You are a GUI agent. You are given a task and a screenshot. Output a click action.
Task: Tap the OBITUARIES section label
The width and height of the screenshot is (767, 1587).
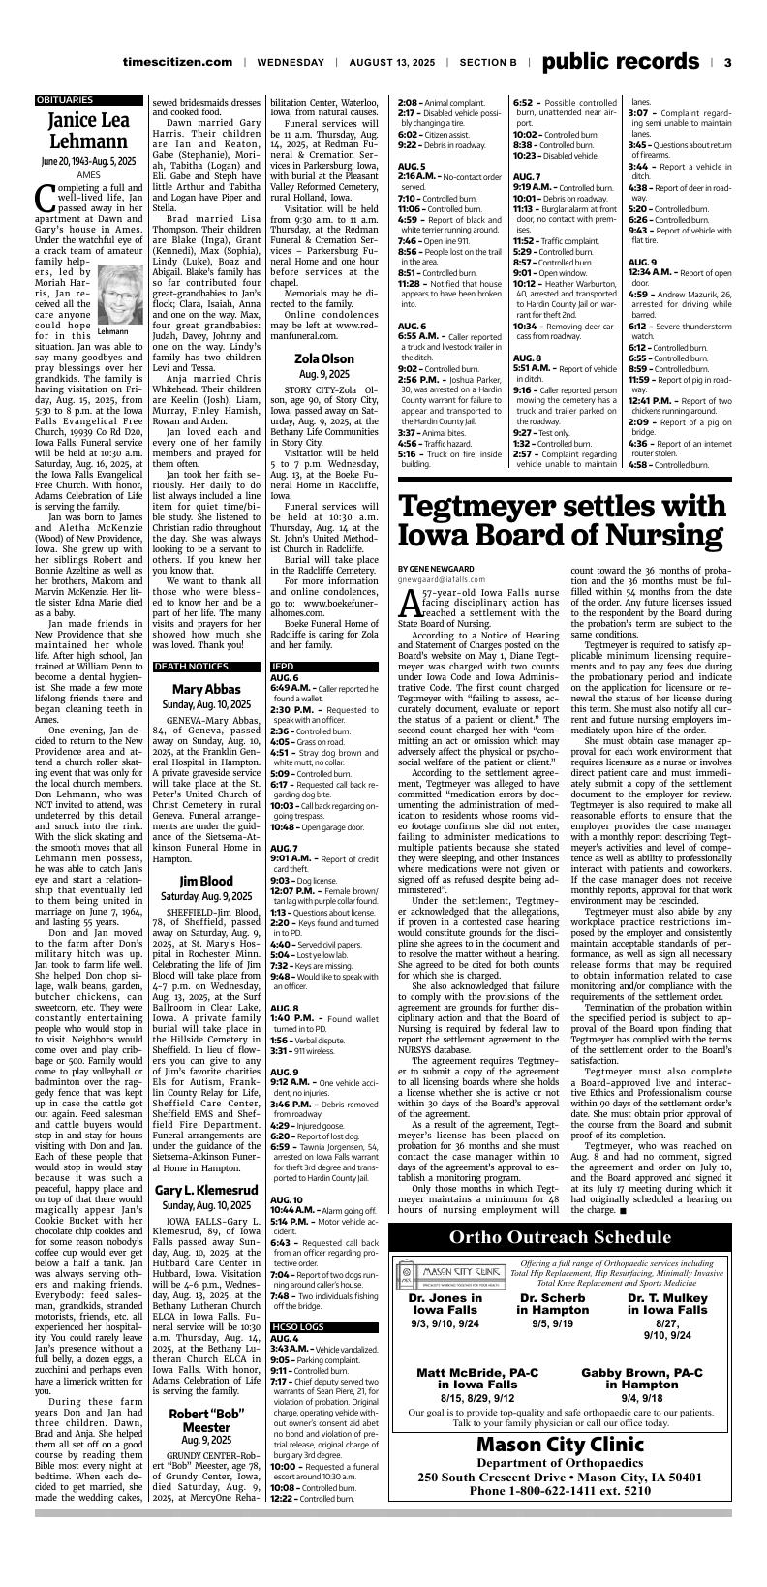65,100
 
